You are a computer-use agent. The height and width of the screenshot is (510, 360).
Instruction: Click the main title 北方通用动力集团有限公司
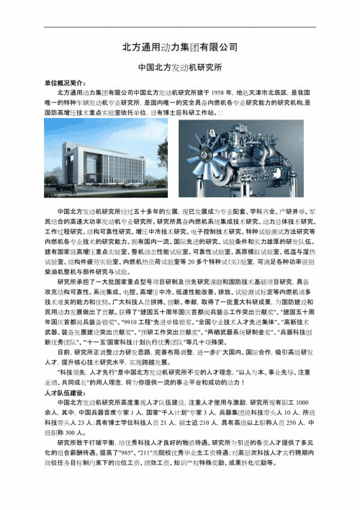pos(180,46)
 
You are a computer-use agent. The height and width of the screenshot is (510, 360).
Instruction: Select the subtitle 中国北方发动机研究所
pos(180,71)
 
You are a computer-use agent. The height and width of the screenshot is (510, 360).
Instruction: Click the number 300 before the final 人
pos(77,446)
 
